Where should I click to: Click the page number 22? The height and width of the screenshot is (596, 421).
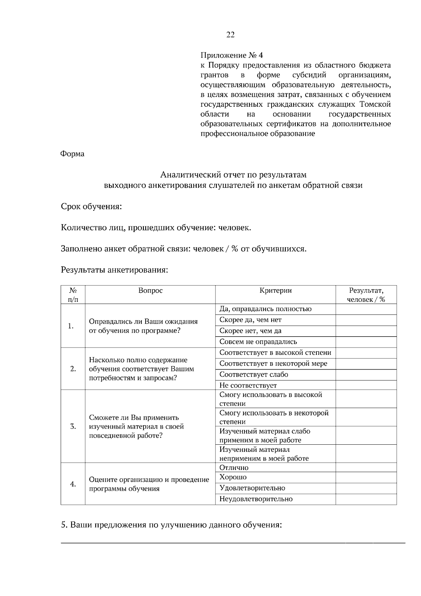coord(230,35)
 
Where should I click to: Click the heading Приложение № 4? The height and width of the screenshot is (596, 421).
coord(232,55)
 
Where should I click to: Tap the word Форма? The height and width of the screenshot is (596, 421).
coord(73,154)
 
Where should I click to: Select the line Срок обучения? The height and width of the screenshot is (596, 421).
coord(91,206)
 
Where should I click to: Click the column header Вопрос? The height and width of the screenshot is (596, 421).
coord(151,290)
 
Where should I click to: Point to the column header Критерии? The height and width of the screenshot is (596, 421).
coord(275,290)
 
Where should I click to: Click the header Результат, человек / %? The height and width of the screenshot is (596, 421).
coord(366,295)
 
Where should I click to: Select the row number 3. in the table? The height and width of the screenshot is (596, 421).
coord(73,426)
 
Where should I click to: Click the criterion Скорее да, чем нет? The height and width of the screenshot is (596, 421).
coord(250,320)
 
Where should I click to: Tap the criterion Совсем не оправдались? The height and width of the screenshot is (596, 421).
coord(258,342)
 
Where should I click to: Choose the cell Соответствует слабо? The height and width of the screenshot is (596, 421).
coord(254,374)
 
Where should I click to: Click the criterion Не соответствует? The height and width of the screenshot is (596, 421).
coord(248,385)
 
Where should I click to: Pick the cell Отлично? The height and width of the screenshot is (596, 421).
coord(234,468)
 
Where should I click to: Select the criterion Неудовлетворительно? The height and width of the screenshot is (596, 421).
coord(256,499)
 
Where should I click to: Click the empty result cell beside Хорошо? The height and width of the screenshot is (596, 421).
coord(366,477)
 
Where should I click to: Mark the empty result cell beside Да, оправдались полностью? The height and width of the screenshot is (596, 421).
coord(366,309)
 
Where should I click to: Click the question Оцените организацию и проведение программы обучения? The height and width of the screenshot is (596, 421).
coord(149,484)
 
